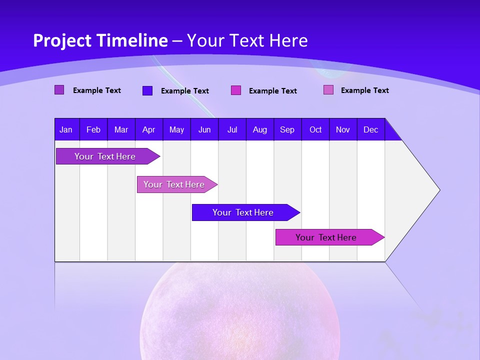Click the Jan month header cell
(x=66, y=129)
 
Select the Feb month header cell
(x=93, y=129)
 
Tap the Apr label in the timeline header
(x=148, y=129)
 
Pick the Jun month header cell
(x=204, y=129)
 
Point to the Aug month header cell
(x=259, y=129)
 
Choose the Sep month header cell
(x=287, y=129)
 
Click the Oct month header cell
(x=315, y=129)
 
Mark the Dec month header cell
(x=370, y=129)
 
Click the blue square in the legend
(x=147, y=90)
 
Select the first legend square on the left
(x=59, y=90)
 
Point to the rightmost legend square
(x=328, y=90)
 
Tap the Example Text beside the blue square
(x=184, y=91)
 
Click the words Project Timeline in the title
(x=100, y=40)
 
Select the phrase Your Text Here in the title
(x=247, y=40)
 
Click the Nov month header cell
(x=343, y=129)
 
